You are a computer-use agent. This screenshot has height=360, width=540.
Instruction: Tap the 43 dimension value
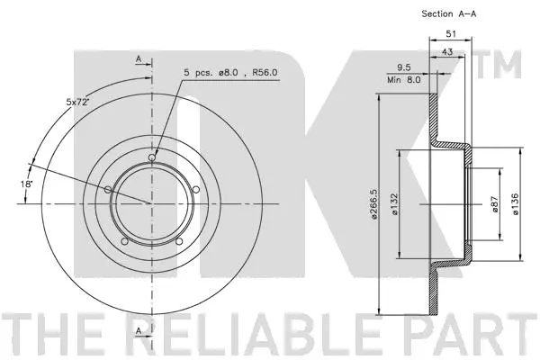447,52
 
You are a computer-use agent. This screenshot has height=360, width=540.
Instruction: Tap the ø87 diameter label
494,204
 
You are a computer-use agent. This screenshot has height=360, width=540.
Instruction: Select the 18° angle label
28,184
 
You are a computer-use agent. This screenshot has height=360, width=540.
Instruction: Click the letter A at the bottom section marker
139,331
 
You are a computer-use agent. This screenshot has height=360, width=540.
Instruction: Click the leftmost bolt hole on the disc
109,189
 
